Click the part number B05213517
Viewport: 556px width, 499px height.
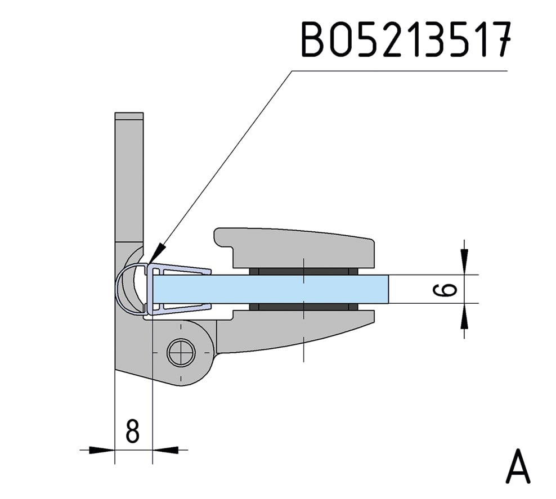coord(406,39)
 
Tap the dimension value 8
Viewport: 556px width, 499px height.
coord(133,431)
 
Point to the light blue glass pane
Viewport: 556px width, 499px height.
coord(271,289)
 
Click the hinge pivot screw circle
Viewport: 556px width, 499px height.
coord(181,353)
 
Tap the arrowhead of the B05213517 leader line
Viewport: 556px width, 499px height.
coord(158,253)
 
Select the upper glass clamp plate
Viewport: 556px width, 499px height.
coord(294,248)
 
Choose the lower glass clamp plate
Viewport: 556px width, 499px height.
coord(294,330)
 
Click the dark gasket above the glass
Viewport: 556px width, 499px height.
coord(303,272)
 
